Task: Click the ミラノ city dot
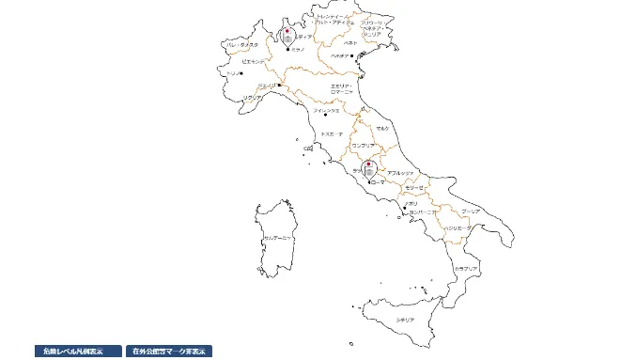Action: click(287, 49)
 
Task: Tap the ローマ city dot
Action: click(369, 180)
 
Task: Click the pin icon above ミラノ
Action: click(287, 36)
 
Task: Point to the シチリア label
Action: click(406, 320)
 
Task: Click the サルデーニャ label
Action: click(278, 239)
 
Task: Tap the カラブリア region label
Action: click(466, 269)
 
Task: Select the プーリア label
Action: click(471, 211)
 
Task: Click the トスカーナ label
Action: click(333, 134)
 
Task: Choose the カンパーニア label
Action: click(423, 213)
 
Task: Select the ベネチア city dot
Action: click(351, 56)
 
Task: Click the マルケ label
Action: click(382, 128)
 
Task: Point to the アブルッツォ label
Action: click(400, 173)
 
